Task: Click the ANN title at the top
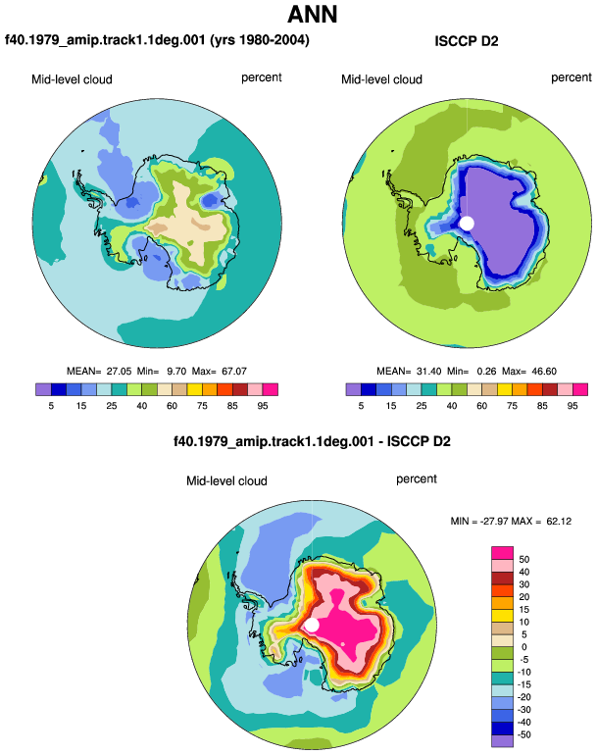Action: (312, 14)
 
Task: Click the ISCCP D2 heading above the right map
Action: (466, 41)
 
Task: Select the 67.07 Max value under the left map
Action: (234, 372)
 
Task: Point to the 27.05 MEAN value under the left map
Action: (119, 372)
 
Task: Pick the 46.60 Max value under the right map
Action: (544, 372)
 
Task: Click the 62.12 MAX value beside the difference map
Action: (559, 521)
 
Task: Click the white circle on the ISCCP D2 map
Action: (467, 223)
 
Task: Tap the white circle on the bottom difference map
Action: (312, 625)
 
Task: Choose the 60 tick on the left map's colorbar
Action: (172, 406)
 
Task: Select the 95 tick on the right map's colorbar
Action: (572, 406)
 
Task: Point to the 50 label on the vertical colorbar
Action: (524, 560)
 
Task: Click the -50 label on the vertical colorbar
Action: (523, 734)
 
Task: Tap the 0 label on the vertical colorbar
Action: (524, 647)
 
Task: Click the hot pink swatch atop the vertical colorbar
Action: (502, 553)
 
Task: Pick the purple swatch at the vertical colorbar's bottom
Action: (502, 740)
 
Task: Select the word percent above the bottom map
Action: (417, 479)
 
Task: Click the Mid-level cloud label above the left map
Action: (72, 79)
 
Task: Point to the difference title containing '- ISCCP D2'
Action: (312, 441)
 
